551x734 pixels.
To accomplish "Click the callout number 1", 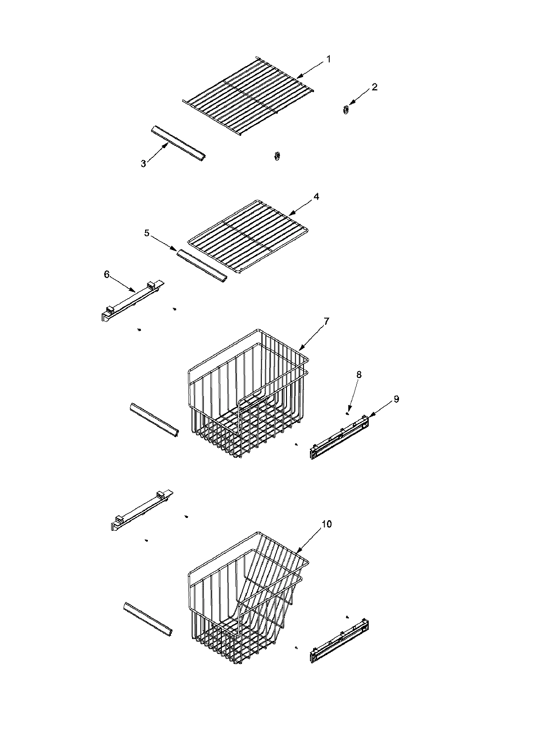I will coord(328,59).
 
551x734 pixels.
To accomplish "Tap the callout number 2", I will coord(375,87).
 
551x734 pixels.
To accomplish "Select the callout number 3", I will coord(143,163).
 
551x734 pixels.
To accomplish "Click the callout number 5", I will coord(147,233).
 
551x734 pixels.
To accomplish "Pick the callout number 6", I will coord(107,274).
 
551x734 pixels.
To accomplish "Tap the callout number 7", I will coord(326,321).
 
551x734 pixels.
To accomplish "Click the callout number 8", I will coord(359,375).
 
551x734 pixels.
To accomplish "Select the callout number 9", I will coord(396,399).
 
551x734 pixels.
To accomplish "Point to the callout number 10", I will coord(326,524).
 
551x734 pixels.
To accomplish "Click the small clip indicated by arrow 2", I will coord(346,110).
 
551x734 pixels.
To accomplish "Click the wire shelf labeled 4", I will coord(250,236).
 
